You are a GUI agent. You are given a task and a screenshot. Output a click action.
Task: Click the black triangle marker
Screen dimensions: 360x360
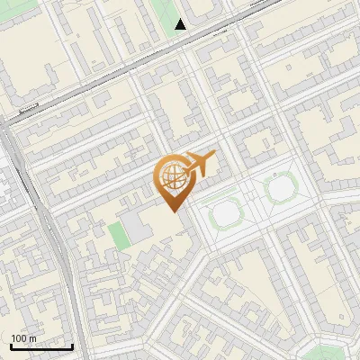(x=181, y=24)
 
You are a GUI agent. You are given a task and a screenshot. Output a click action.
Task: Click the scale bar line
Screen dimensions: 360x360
(x=41, y=347)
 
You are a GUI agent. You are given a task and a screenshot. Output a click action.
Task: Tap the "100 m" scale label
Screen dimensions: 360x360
(x=24, y=338)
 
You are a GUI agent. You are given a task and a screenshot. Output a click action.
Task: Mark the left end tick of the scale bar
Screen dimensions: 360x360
(x=11, y=346)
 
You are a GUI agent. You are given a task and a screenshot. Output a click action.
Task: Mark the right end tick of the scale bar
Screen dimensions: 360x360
(x=72, y=346)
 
